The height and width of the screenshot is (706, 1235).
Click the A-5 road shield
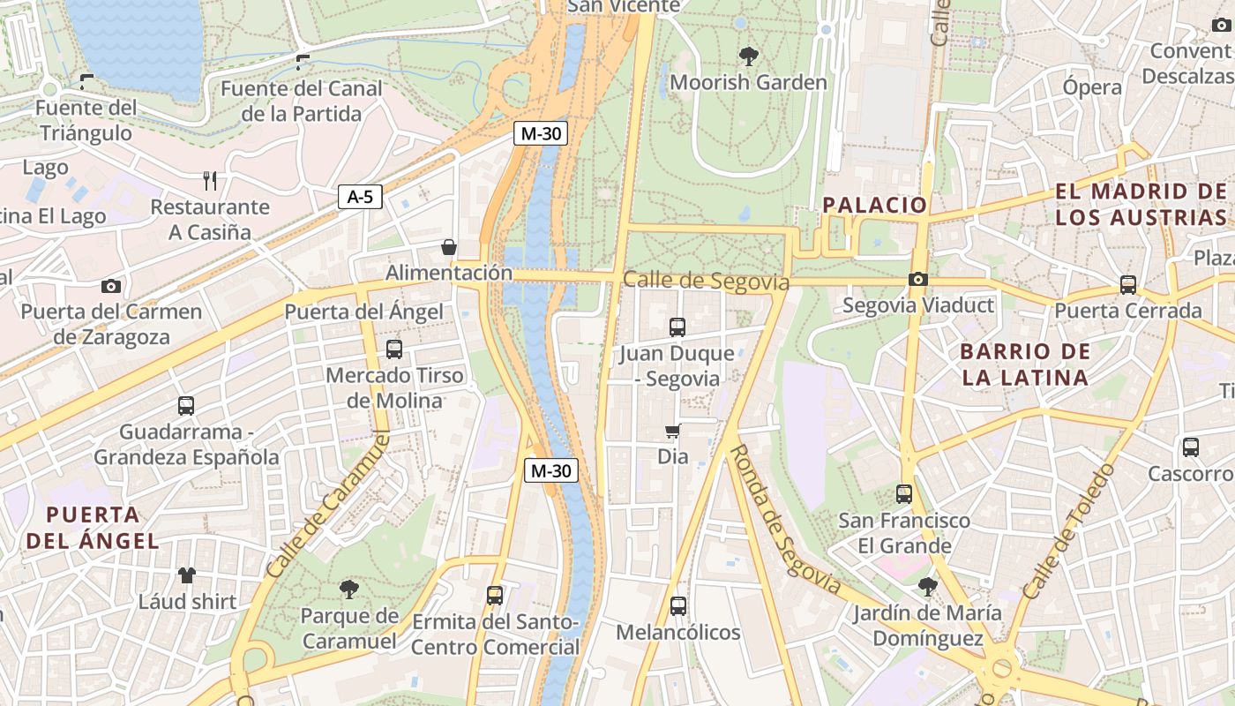coord(360,197)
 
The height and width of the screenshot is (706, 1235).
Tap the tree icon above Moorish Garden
coord(749,56)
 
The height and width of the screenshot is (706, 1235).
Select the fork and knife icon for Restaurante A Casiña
coord(210,181)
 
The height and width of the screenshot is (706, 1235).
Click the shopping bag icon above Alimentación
coord(449,247)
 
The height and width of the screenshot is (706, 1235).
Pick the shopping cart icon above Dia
coord(673,432)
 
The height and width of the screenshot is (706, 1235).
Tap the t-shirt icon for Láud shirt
coord(187,575)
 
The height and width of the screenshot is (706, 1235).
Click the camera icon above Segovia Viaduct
coord(917,280)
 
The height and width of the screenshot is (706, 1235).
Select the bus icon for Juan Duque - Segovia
coord(677,327)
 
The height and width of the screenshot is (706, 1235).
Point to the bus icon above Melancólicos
coord(677,606)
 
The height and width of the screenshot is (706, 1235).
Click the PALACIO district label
coord(874,206)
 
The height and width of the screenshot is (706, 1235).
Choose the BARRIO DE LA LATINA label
coord(1024,364)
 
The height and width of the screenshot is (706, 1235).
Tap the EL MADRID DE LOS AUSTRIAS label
coord(1141,205)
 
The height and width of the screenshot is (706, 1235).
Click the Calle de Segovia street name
coord(706,282)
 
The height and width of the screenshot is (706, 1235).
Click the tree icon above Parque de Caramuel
coord(349,589)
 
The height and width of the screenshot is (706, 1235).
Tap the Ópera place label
coord(1091,87)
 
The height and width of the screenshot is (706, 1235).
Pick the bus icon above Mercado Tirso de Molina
coord(394,349)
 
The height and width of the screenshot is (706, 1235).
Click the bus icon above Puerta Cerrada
coord(1128,285)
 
